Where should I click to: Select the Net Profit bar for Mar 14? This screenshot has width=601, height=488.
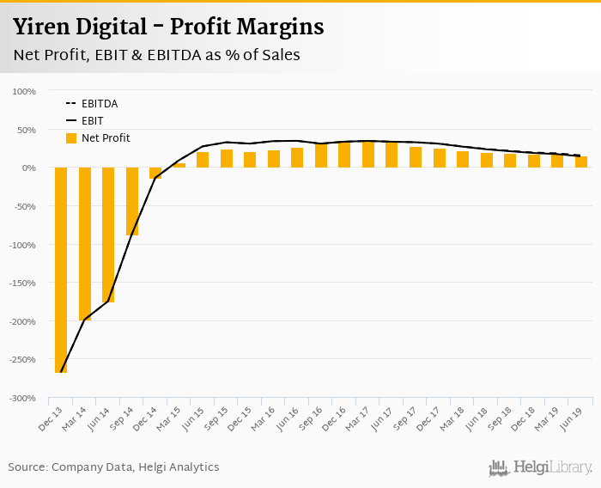coord(85,244)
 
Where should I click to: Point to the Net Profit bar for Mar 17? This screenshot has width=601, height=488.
coord(368,155)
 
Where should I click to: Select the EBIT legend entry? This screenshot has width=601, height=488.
coord(92,121)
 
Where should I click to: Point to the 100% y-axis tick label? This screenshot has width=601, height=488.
coord(23,91)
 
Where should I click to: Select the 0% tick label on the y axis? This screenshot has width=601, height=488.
coord(27,168)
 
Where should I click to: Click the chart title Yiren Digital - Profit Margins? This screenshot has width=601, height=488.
coord(168,27)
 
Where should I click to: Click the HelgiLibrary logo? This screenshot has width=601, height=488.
coord(541,467)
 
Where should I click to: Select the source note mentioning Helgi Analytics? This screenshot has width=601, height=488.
coord(114,467)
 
